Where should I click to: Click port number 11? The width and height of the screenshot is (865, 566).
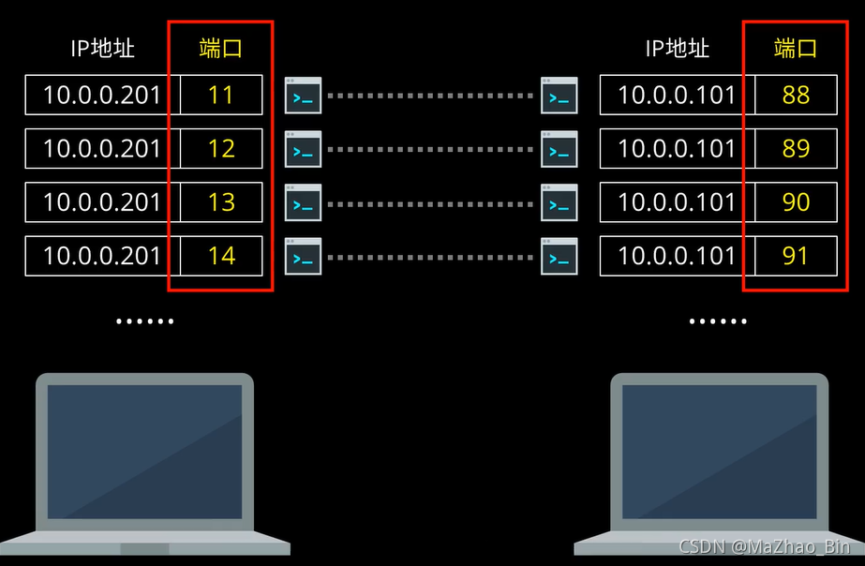tap(221, 95)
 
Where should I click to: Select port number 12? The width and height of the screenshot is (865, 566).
tap(221, 149)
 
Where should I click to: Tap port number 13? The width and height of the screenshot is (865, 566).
tap(221, 202)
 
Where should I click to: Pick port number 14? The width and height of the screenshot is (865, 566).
tap(221, 256)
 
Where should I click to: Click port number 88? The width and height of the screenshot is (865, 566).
tap(796, 95)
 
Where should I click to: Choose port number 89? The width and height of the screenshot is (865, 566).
tap(796, 149)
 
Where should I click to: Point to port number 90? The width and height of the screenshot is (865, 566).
tap(796, 202)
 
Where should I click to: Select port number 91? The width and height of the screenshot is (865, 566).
tap(796, 256)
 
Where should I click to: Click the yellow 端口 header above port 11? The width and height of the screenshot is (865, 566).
tap(221, 49)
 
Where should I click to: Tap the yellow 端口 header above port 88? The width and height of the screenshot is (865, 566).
tap(796, 49)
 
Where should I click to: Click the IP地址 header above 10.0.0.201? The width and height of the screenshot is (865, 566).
tap(102, 49)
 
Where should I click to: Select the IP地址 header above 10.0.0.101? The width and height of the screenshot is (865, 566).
tap(677, 49)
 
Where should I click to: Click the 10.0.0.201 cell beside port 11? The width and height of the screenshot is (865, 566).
tap(102, 95)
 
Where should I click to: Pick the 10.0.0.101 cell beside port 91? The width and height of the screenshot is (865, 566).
tap(677, 256)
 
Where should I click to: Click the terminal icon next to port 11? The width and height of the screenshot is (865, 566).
tap(303, 96)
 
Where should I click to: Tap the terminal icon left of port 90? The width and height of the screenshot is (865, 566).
tap(559, 203)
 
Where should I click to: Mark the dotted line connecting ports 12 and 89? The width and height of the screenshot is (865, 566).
tap(430, 150)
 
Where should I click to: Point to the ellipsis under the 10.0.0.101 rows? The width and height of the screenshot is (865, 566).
tap(718, 321)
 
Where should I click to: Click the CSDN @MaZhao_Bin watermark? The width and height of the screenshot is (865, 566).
tap(764, 546)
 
